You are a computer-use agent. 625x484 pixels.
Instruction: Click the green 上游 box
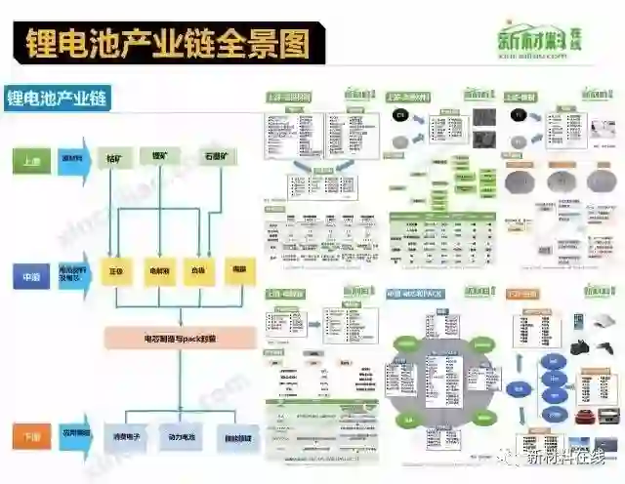pos(32,161)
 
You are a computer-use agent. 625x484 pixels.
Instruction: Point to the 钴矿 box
pos(117,156)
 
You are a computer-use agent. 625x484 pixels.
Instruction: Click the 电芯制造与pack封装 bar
pos(181,338)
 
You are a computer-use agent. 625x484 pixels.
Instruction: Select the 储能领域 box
pos(235,437)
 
